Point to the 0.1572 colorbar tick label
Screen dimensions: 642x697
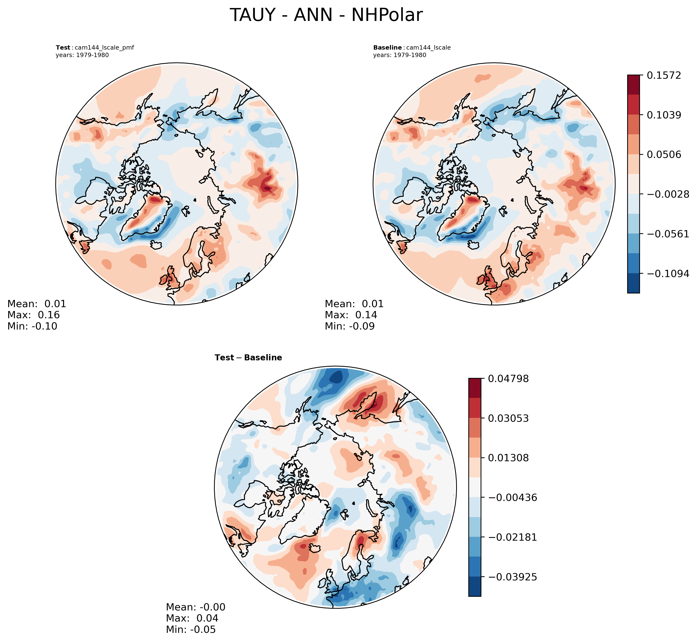664,75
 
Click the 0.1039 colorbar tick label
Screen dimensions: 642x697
664,115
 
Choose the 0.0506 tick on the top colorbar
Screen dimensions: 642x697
664,155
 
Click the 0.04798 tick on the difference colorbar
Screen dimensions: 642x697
508,379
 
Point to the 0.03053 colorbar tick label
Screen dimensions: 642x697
508,418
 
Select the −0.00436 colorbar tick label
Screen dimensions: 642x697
512,498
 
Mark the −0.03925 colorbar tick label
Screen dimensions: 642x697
512,577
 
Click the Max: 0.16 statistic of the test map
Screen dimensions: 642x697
33,315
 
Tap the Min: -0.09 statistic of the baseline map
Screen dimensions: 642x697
349,326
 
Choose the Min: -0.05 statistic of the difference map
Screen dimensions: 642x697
191,629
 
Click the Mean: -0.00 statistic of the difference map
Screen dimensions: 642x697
195,607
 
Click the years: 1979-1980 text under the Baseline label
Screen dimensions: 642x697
399,55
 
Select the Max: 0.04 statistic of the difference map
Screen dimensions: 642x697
192,618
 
